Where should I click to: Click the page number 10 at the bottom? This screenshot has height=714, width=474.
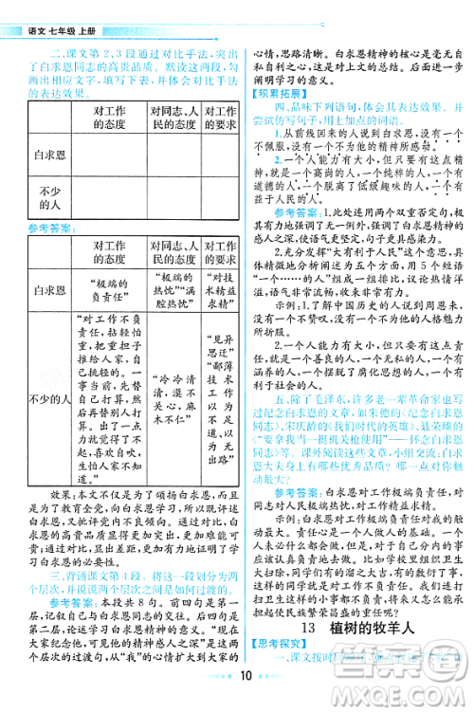tap(245, 703)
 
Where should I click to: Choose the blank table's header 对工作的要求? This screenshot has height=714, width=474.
tap(221, 116)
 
